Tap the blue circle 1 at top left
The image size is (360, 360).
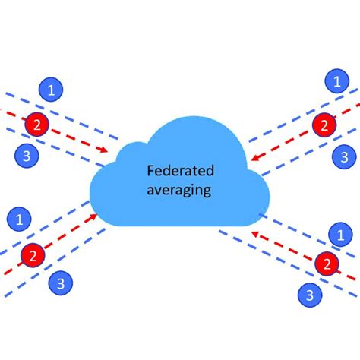(x=50, y=90)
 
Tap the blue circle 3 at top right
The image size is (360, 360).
(x=345, y=157)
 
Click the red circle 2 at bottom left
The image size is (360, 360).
(x=33, y=254)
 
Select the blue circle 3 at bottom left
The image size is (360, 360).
(x=60, y=283)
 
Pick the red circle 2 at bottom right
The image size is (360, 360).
(x=327, y=264)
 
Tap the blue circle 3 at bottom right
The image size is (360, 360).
(x=310, y=294)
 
